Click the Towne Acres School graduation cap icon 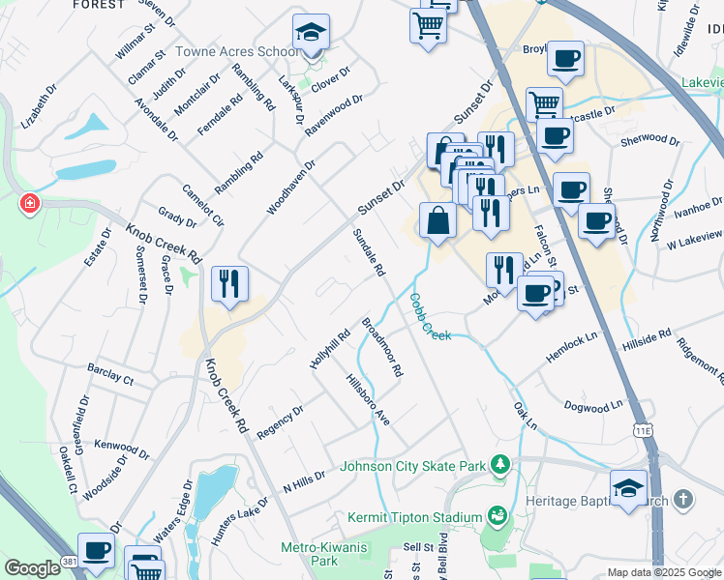312,32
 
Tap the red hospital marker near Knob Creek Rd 30,204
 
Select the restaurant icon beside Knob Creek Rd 229,283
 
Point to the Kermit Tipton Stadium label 414,517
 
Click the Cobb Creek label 431,316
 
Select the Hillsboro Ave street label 368,399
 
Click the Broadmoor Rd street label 381,348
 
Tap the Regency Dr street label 280,422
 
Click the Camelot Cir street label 203,204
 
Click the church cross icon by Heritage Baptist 684,500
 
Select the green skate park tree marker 499,465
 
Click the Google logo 32,568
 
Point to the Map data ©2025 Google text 663,571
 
